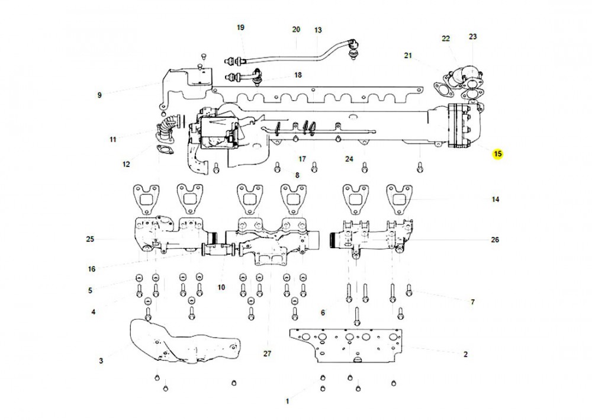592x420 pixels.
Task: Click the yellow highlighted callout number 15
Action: (x=498, y=154)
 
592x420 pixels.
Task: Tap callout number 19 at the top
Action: (x=240, y=28)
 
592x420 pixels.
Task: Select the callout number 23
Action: (x=472, y=37)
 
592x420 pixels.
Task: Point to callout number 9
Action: (x=99, y=95)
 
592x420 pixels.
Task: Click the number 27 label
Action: (x=267, y=353)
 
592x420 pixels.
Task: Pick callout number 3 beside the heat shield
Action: (x=100, y=360)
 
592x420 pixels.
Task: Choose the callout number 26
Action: (x=495, y=240)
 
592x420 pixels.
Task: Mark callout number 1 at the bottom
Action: (x=287, y=401)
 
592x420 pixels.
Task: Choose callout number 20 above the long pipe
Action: (x=297, y=30)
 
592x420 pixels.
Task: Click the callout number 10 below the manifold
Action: (x=221, y=287)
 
